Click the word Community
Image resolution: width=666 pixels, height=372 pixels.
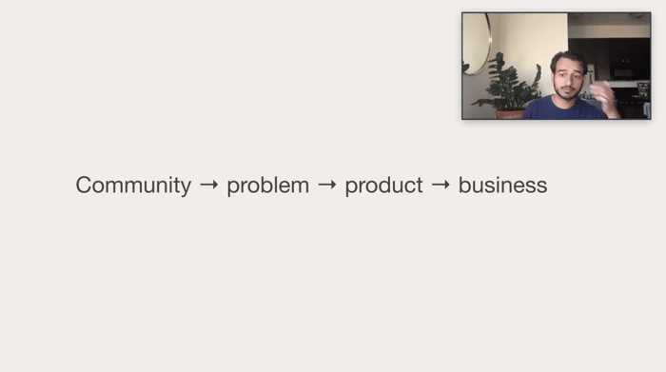point(133,186)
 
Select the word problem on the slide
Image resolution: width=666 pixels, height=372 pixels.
point(268,185)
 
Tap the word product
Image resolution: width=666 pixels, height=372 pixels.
point(383,185)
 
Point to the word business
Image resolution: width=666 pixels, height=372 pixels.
point(502,185)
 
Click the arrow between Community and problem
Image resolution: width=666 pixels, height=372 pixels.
point(209,185)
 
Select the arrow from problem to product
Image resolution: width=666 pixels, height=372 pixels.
point(327,185)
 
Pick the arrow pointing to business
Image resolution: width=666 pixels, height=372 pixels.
point(441,185)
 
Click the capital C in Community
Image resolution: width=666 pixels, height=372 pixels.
point(85,185)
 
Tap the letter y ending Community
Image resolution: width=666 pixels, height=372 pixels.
point(186,188)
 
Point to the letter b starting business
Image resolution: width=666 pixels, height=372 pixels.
point(464,185)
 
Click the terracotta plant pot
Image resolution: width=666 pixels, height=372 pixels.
point(509,114)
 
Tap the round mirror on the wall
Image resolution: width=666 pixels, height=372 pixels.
point(477,44)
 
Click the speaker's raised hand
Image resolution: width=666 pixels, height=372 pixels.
point(604,99)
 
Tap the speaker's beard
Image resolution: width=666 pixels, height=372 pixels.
point(567,92)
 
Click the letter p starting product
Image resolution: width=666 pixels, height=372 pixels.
point(352,188)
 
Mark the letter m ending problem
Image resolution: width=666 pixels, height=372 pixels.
point(301,186)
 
